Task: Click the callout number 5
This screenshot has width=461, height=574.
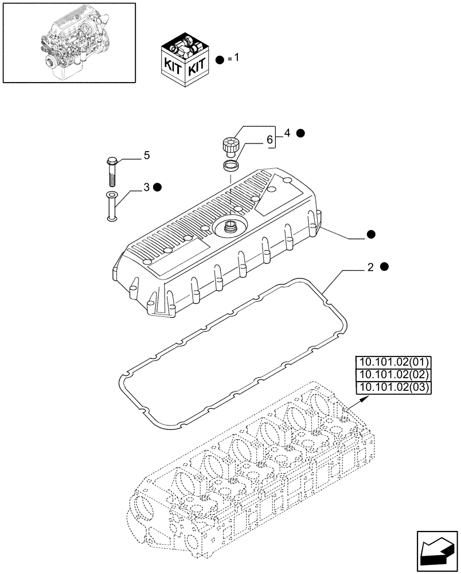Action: coord(147,155)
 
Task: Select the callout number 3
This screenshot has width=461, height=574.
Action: coord(146,187)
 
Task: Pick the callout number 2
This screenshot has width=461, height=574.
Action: coord(371,267)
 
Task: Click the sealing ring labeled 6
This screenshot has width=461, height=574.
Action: coord(230,166)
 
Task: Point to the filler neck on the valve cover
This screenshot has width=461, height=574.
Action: coord(229,225)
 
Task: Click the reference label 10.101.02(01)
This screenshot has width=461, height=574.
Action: coord(393,362)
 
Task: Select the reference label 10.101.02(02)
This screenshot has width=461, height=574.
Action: coord(393,375)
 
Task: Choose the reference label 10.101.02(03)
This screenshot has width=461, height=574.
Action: coord(393,387)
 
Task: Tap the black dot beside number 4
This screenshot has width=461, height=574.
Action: coord(300,133)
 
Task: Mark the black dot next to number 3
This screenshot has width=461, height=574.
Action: coord(158,187)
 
